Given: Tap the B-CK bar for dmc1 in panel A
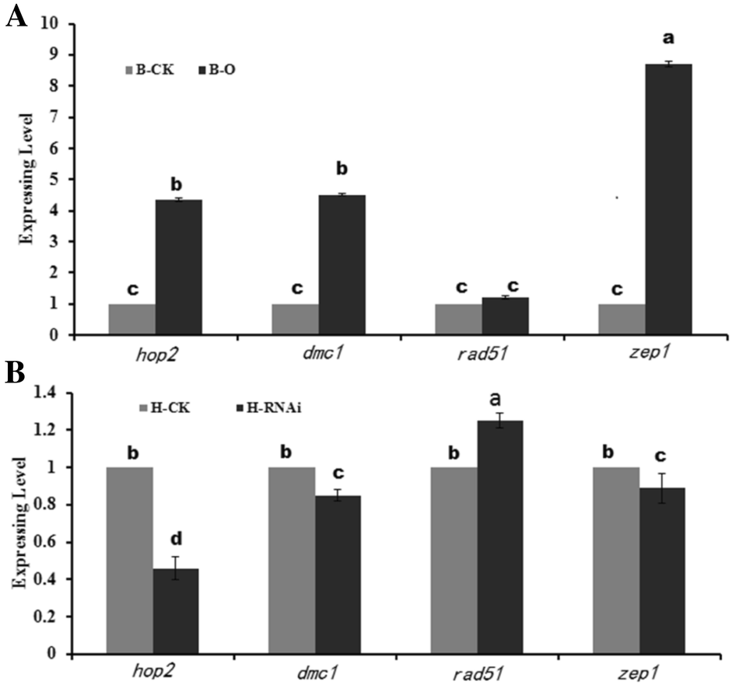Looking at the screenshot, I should [295, 319].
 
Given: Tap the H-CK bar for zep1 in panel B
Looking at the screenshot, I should [615, 560].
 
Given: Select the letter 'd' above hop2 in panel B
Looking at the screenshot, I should [177, 538].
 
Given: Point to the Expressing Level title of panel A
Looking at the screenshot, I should [25, 179].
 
